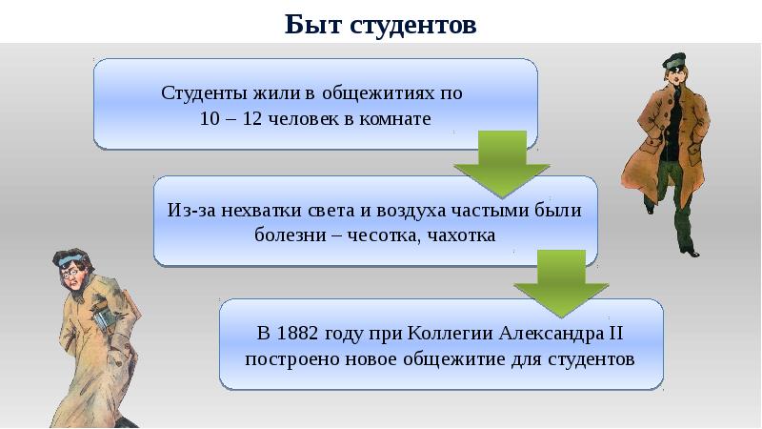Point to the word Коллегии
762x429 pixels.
click(449, 334)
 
